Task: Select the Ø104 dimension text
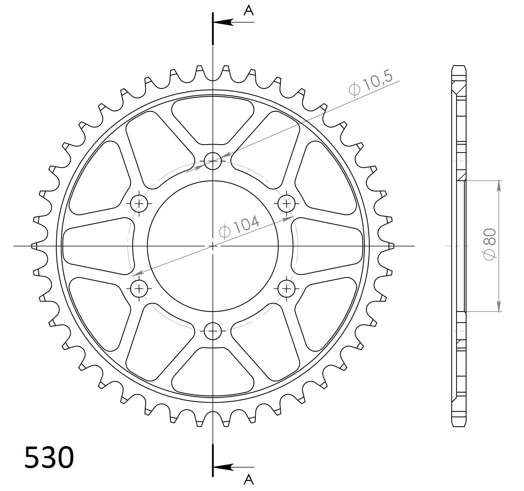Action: pyautogui.click(x=239, y=226)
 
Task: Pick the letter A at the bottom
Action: pyautogui.click(x=248, y=479)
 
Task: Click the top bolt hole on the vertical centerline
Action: pyautogui.click(x=213, y=160)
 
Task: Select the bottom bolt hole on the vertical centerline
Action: pyautogui.click(x=213, y=331)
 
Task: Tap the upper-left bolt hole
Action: pyautogui.click(x=139, y=203)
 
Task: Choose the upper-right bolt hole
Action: pyautogui.click(x=286, y=203)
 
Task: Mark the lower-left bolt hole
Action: pyautogui.click(x=139, y=287)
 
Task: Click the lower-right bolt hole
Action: pyautogui.click(x=286, y=287)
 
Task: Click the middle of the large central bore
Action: pyautogui.click(x=213, y=246)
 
